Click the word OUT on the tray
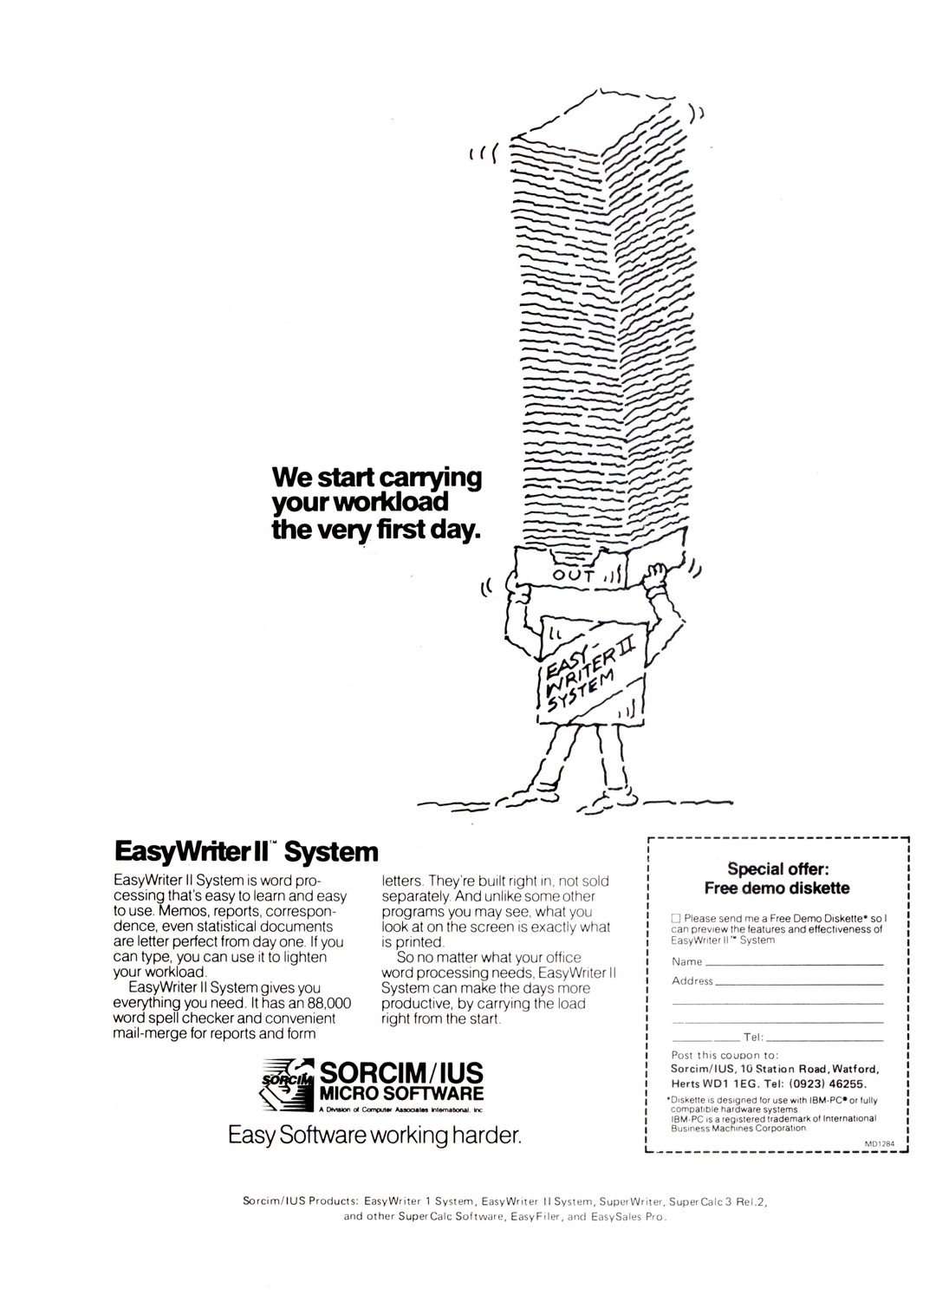[575, 576]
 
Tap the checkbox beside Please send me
[677, 918]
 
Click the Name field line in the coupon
[793, 963]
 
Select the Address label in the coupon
[692, 981]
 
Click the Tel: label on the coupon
[752, 1038]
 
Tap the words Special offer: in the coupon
[777, 869]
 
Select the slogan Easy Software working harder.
[374, 1135]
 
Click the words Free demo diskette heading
[777, 888]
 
